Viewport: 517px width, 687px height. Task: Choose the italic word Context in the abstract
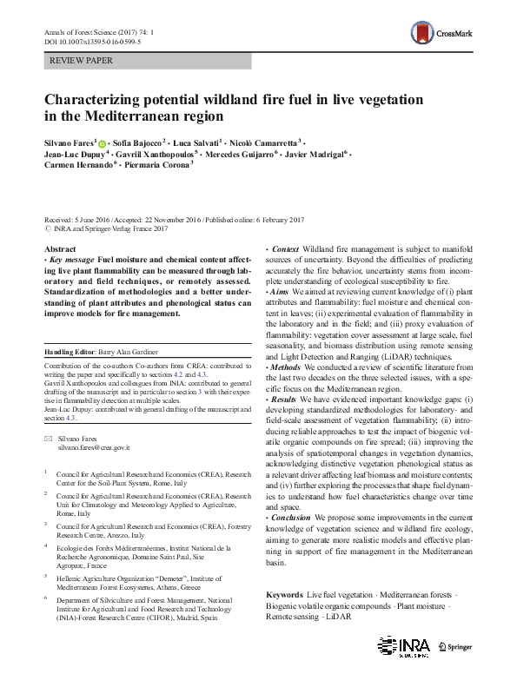[286, 248]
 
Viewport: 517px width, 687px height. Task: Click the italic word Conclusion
[290, 518]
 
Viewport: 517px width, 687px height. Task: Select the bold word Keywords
[284, 594]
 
